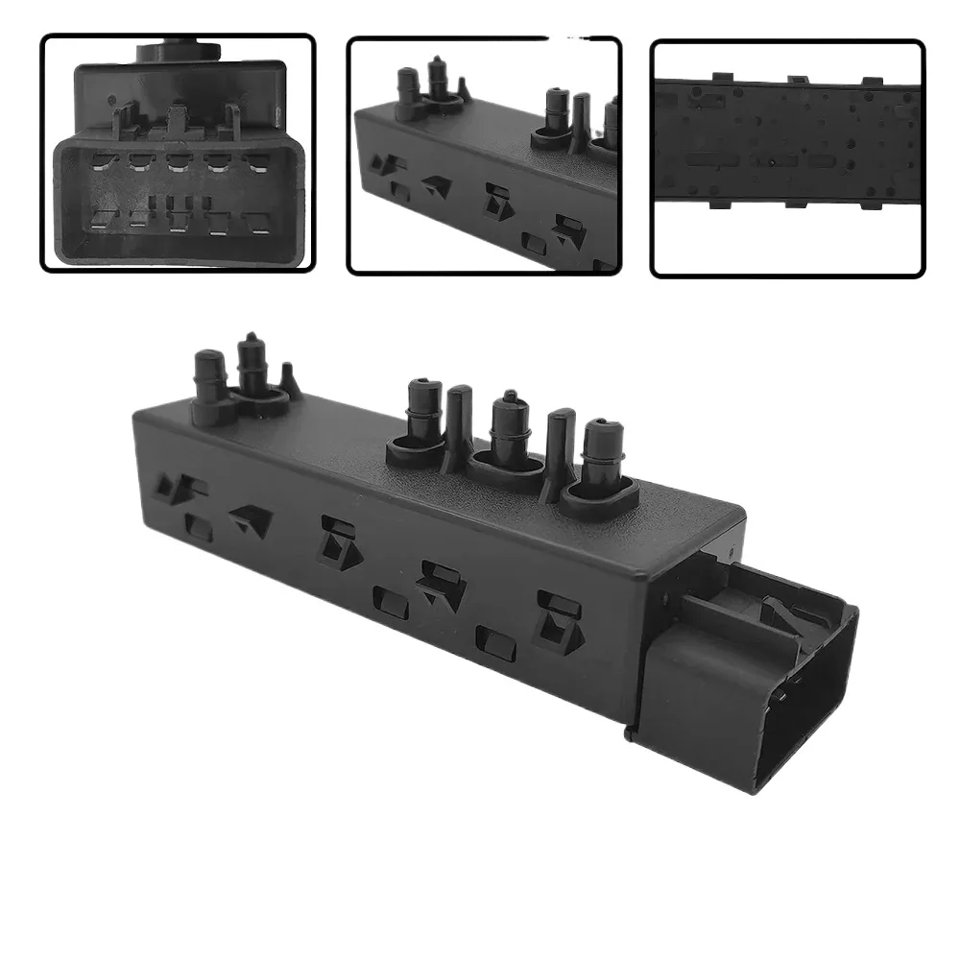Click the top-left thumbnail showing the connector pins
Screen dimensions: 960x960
click(178, 154)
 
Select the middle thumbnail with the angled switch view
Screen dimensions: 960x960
click(484, 156)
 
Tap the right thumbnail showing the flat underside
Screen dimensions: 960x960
click(787, 158)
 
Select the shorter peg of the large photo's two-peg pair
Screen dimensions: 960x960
click(208, 379)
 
